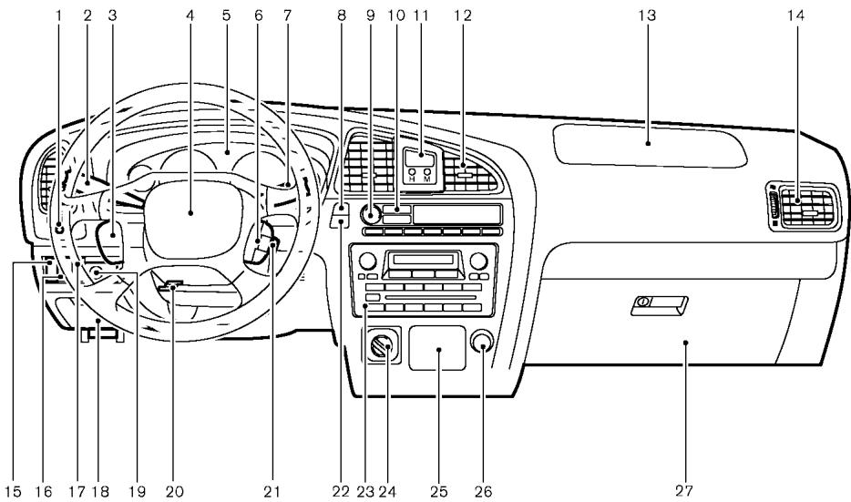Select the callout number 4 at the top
(190, 15)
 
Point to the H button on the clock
(413, 174)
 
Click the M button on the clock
(427, 174)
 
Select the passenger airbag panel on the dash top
(648, 142)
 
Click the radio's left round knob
(367, 261)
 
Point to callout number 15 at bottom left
(15, 491)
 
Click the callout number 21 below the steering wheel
(270, 491)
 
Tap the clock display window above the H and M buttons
(420, 158)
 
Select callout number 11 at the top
(420, 15)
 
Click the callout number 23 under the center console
(365, 491)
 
